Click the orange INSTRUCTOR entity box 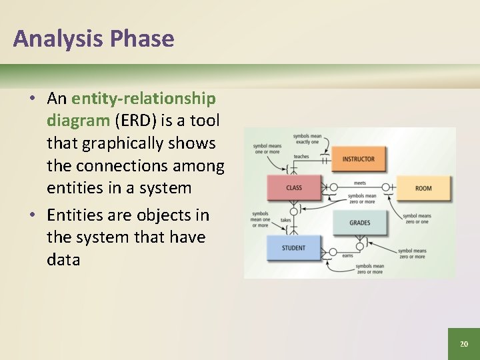click(358, 159)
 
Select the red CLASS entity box click(294, 188)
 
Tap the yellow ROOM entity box click(423, 188)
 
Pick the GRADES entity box click(359, 223)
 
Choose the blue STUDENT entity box click(293, 248)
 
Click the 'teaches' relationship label click(301, 157)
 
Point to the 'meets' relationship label click(359, 183)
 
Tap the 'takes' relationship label click(285, 219)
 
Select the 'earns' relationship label click(347, 255)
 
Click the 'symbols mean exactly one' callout click(307, 139)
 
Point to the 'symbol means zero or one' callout click(417, 219)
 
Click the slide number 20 click(464, 344)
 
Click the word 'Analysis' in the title click(57, 39)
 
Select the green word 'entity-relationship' click(143, 99)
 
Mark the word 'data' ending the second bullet click(63, 259)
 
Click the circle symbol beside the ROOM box click(385, 188)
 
